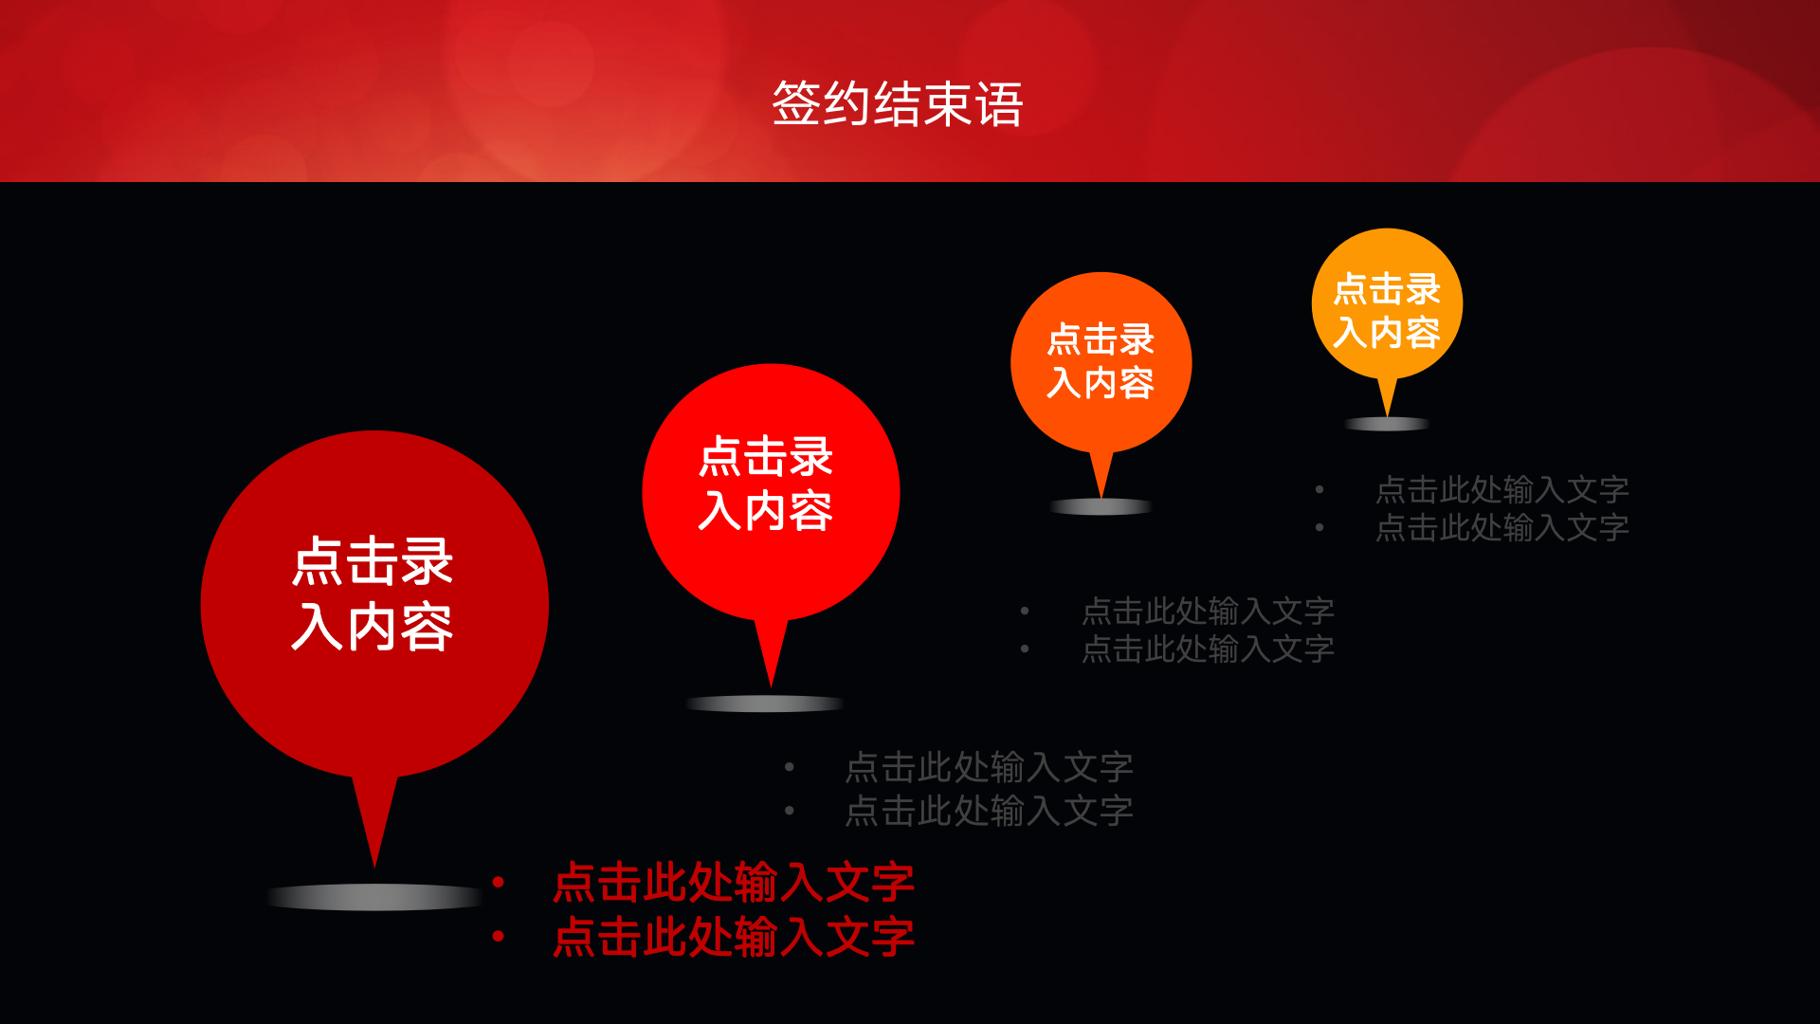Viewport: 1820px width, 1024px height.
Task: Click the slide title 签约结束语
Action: point(898,104)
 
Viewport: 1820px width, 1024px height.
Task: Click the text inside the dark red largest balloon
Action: point(373,594)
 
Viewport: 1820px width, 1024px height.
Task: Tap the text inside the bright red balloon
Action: point(766,484)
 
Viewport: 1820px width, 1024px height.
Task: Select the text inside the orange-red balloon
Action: point(1101,361)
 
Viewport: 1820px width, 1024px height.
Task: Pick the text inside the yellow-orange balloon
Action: point(1387,311)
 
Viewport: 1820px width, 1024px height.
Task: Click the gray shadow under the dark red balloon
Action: point(375,897)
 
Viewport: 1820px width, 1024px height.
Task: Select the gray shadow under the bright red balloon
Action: point(765,704)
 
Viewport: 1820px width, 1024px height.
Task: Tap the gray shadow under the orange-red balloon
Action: point(1101,506)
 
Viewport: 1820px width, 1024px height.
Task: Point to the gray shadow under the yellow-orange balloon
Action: point(1387,424)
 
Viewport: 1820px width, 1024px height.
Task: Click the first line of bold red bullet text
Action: point(734,883)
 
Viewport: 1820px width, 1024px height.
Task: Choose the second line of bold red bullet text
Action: point(734,937)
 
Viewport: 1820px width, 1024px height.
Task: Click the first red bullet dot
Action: point(499,883)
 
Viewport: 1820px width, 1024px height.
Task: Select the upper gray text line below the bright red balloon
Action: point(989,767)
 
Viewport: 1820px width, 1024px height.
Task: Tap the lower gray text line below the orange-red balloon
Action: point(1208,649)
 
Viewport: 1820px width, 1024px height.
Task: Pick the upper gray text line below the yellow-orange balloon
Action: point(1502,489)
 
